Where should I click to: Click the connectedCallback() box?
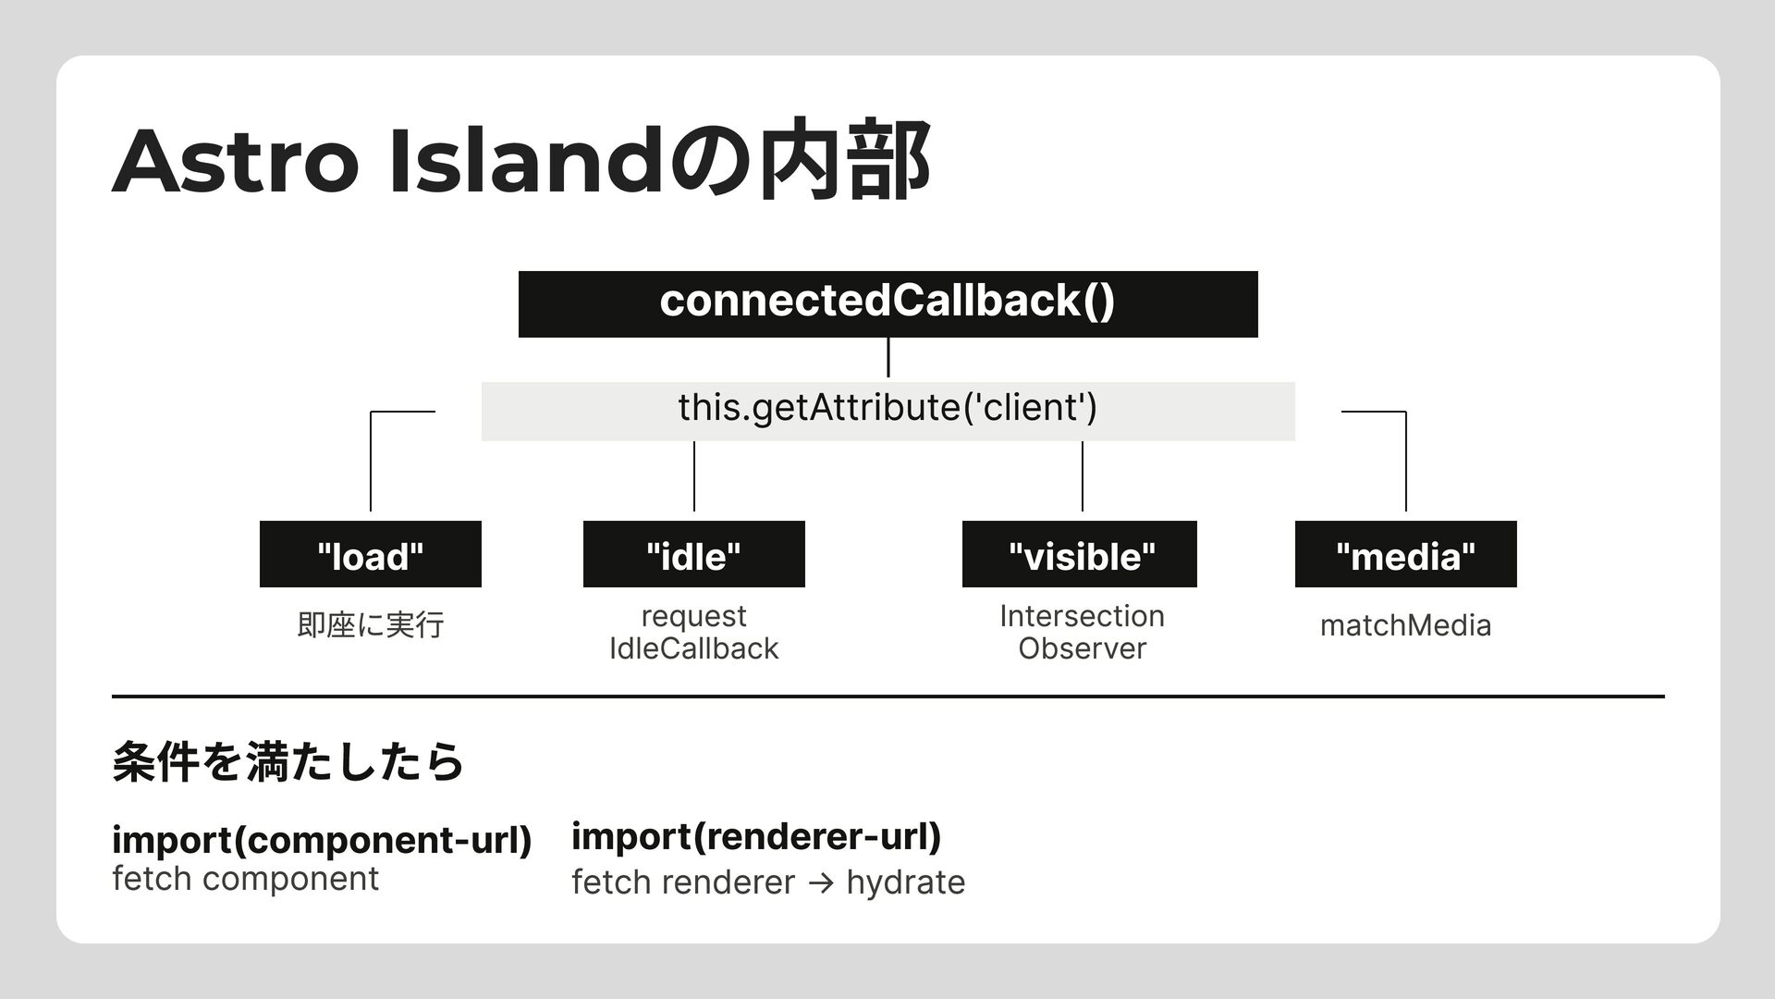tap(887, 303)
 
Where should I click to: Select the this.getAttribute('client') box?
tap(887, 410)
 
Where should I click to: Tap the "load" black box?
tap(370, 554)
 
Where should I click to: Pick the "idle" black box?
tap(693, 554)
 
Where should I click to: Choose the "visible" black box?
tap(1079, 554)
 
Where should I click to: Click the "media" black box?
tap(1405, 554)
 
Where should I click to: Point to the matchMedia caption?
tap(1405, 626)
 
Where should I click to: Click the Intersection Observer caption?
tap(1082, 632)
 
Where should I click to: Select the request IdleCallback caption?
tap(693, 632)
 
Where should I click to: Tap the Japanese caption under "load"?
tap(370, 626)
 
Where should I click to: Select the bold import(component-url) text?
tap(321, 840)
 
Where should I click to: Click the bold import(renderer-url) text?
tap(756, 836)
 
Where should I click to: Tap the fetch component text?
tap(245, 879)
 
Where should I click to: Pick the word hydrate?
tap(905, 882)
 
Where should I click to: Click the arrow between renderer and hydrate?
tap(819, 883)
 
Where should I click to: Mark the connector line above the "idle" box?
tap(693, 476)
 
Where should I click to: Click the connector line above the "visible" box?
tap(1082, 476)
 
